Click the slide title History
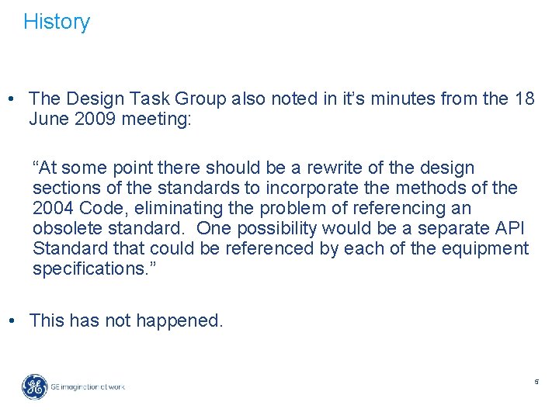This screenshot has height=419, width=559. pos(57,22)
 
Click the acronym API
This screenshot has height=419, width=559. pos(509,228)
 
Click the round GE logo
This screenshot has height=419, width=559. pos(34,386)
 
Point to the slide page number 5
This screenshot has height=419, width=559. pos(536,382)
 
